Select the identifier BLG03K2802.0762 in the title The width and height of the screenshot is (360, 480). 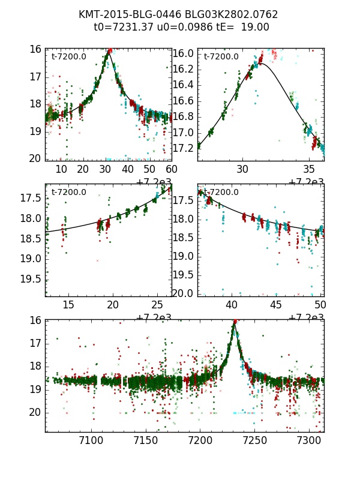[x=228, y=14]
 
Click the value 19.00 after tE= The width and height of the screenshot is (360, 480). [x=256, y=27]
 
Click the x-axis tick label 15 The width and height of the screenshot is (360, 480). [x=68, y=305]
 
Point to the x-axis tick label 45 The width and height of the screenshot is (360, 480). [x=276, y=305]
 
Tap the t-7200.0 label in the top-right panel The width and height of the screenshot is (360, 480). [x=221, y=57]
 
